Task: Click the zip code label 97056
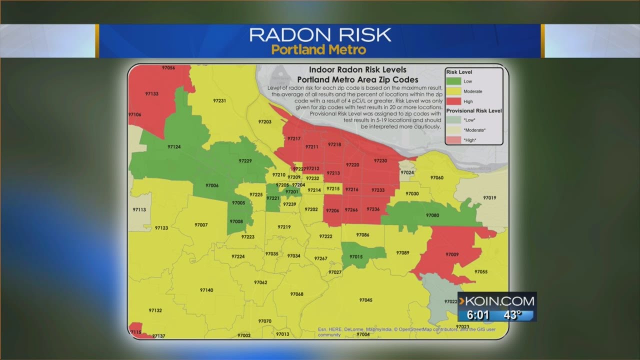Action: pyautogui.click(x=168, y=67)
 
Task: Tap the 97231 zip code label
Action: pyautogui.click(x=219, y=100)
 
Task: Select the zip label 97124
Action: pyautogui.click(x=174, y=147)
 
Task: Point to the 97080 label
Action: pyautogui.click(x=432, y=215)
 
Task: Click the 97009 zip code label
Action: pyautogui.click(x=452, y=254)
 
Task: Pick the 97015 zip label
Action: pyautogui.click(x=356, y=256)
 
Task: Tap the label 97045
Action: pyautogui.click(x=365, y=300)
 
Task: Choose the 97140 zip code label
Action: pyautogui.click(x=206, y=290)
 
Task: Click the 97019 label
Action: pyautogui.click(x=489, y=198)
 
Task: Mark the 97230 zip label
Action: pyautogui.click(x=380, y=160)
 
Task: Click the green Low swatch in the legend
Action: pyautogui.click(x=454, y=81)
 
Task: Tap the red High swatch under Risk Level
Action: pyautogui.click(x=454, y=101)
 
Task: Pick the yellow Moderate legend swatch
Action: pyautogui.click(x=454, y=91)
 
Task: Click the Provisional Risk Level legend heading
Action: pyautogui.click(x=474, y=110)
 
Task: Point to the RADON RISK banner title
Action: pyautogui.click(x=320, y=35)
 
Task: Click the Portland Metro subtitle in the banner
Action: pyautogui.click(x=319, y=50)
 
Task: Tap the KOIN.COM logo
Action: pyautogui.click(x=497, y=301)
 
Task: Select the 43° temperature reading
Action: pyautogui.click(x=511, y=315)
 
